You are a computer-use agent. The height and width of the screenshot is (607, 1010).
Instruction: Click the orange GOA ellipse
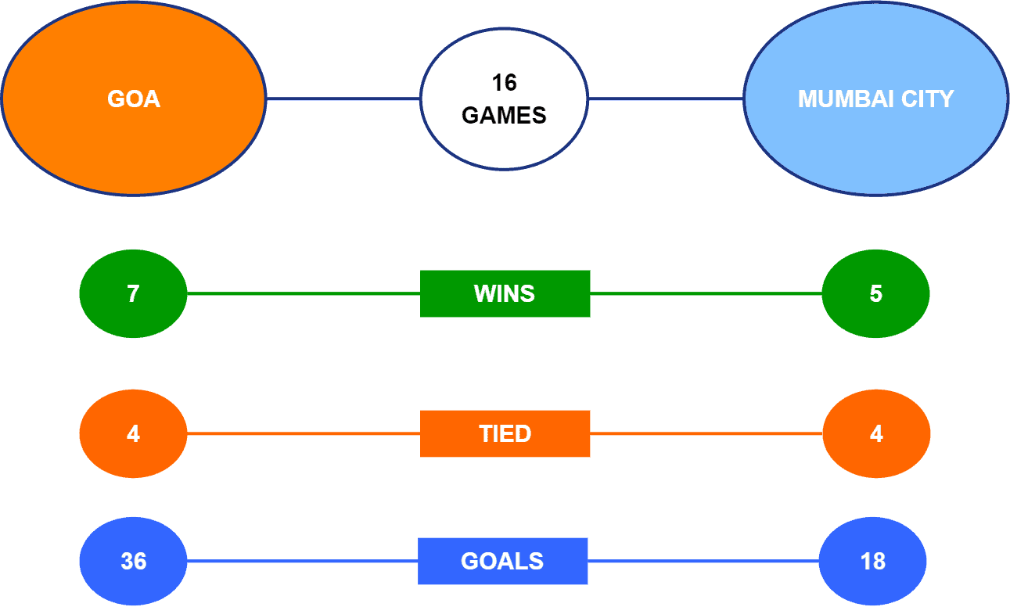(x=134, y=99)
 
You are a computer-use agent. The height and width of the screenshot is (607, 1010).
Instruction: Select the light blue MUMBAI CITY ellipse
(x=875, y=99)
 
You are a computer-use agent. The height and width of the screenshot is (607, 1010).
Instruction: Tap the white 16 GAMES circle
(x=504, y=99)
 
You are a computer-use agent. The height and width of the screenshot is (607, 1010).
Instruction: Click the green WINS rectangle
(x=505, y=293)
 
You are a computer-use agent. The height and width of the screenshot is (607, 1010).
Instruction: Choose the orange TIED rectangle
(x=505, y=433)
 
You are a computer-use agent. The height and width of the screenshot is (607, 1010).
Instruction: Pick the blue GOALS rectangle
(x=503, y=561)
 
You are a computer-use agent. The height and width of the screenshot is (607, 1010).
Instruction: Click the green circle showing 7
(x=133, y=293)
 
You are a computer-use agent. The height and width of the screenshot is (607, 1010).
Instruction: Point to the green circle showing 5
(x=875, y=293)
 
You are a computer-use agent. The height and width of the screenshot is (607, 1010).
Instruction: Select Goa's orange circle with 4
(x=133, y=433)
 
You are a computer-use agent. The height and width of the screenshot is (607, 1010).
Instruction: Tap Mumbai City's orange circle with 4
(x=876, y=433)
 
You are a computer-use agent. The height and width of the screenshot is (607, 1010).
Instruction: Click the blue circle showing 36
(x=133, y=561)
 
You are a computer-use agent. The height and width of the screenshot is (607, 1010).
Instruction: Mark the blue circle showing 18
(x=873, y=561)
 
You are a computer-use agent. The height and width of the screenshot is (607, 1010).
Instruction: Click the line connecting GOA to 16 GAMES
(x=343, y=99)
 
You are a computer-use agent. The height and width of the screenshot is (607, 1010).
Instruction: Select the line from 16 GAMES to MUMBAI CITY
(x=666, y=99)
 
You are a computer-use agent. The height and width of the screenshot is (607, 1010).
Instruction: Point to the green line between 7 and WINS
(x=304, y=293)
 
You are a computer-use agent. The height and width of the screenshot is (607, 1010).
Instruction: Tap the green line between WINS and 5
(x=706, y=293)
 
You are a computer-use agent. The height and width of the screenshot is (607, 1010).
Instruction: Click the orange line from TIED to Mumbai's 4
(x=706, y=433)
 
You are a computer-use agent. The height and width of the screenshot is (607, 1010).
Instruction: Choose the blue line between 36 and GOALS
(x=303, y=561)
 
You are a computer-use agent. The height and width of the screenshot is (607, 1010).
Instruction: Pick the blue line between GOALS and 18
(x=703, y=561)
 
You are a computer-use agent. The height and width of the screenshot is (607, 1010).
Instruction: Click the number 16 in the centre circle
(x=504, y=83)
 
